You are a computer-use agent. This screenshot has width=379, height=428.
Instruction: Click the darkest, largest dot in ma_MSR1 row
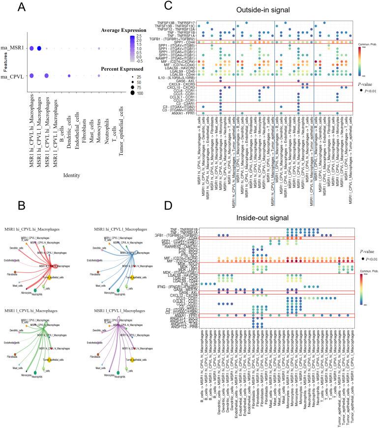39,48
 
